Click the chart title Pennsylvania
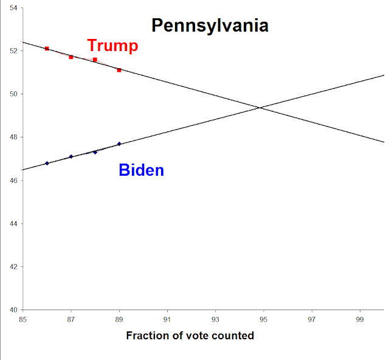(x=210, y=26)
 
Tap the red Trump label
(x=112, y=46)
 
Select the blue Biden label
(x=141, y=170)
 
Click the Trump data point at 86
(x=47, y=49)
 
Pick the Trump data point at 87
(x=71, y=57)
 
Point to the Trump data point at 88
(x=95, y=60)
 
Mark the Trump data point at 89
(x=119, y=70)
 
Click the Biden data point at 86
(x=47, y=163)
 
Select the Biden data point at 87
(x=71, y=156)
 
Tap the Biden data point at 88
(x=95, y=152)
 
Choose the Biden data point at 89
(x=119, y=144)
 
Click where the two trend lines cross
(x=260, y=108)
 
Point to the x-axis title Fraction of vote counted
(x=190, y=336)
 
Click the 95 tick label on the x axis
(x=264, y=319)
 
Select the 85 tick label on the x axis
(x=23, y=319)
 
